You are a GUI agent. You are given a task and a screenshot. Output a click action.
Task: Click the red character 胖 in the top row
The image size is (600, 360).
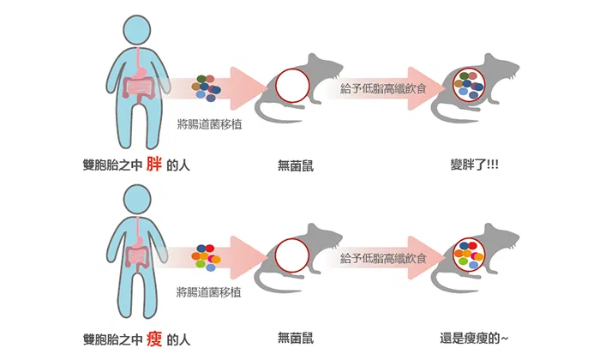(153, 165)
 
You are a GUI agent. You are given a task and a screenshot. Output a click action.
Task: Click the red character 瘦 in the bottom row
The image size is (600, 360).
(154, 339)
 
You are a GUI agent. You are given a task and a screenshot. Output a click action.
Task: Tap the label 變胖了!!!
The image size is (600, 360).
(475, 165)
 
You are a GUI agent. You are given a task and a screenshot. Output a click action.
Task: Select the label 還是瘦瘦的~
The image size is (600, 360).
(474, 339)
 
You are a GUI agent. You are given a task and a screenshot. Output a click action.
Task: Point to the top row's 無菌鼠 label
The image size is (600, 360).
(296, 165)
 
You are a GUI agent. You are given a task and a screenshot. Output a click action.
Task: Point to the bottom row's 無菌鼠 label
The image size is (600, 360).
(296, 339)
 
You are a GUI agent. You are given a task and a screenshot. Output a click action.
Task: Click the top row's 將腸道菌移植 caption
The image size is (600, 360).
(209, 124)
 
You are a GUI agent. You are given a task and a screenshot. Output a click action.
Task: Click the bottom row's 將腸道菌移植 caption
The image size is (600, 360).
(209, 292)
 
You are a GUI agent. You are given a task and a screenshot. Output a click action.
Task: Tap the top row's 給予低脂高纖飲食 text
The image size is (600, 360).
(383, 89)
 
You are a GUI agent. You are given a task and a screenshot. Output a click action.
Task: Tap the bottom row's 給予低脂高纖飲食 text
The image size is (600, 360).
(383, 259)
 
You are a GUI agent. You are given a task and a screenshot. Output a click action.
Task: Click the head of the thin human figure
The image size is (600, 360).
(137, 200)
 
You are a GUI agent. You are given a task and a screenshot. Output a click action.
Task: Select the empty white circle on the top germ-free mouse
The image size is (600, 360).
(292, 86)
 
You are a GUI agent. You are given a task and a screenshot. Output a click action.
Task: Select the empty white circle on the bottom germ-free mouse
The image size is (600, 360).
(292, 255)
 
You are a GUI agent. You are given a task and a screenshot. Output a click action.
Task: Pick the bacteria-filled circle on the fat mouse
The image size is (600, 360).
(469, 86)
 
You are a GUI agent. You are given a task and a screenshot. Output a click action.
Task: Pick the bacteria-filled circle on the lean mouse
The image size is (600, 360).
(469, 255)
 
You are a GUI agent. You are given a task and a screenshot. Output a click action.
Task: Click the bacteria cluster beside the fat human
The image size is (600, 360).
(206, 88)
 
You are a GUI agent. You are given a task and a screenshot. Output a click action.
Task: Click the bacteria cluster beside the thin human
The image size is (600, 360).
(206, 258)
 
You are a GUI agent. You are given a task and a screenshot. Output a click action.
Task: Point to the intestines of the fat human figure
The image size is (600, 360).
(139, 88)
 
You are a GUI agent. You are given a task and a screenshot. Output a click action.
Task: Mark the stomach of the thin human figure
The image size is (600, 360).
(139, 241)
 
